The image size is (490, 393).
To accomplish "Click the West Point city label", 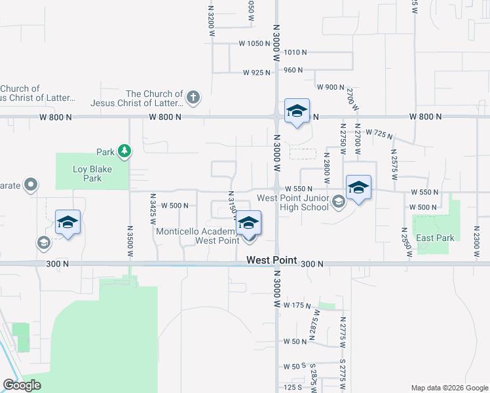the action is point(268,260).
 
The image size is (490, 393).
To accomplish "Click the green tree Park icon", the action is point(124,152).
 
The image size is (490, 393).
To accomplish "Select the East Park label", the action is point(436,238).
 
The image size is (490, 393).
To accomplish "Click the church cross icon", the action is point(193,98).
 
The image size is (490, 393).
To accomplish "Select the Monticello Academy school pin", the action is point(248,223).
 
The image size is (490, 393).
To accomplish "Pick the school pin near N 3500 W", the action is point(68,223).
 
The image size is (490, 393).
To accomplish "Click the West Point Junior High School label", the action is point(292,202).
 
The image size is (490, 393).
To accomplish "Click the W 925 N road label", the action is point(257,73).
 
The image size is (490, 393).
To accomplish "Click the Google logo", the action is point(22,385).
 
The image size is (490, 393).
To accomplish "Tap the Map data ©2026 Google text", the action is point(449,388).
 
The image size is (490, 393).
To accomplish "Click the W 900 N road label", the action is point(330,87).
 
